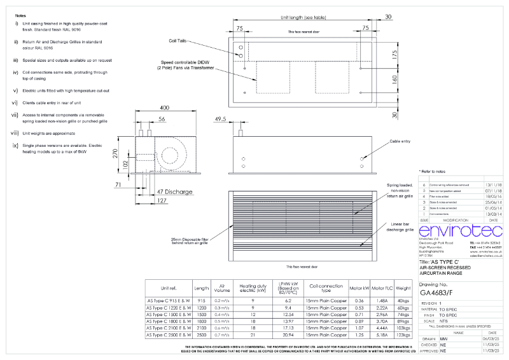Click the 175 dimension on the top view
pyautogui.click(x=394, y=55)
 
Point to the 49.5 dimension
pyautogui.click(x=221, y=119)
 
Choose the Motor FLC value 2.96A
pyautogui.click(x=382, y=314)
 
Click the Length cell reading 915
pyautogui.click(x=202, y=300)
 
